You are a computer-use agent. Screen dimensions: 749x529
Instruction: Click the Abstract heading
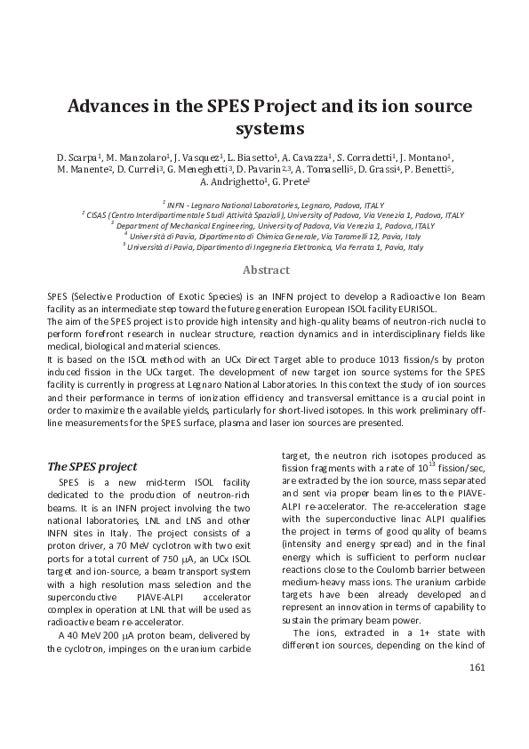pyautogui.click(x=264, y=270)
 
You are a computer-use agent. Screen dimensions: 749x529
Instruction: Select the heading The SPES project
pyautogui.click(x=91, y=466)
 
